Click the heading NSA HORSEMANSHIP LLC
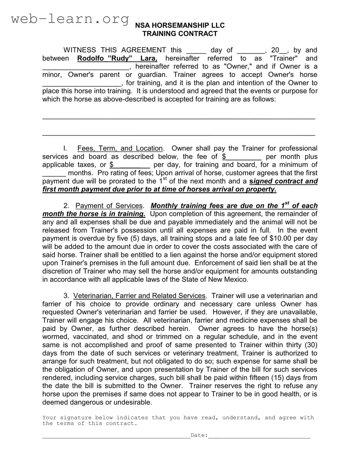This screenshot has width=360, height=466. pos(180,25)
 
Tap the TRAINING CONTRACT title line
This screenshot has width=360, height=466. pos(180,34)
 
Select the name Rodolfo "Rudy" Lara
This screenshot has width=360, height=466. pos(117,58)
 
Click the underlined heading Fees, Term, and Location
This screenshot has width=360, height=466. pos(120,149)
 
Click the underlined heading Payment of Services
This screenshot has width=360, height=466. pos(109,206)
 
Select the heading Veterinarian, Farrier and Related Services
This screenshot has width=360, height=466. pos(139,296)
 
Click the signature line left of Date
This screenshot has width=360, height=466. pos(116,436)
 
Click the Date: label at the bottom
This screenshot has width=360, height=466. pos(199,435)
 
